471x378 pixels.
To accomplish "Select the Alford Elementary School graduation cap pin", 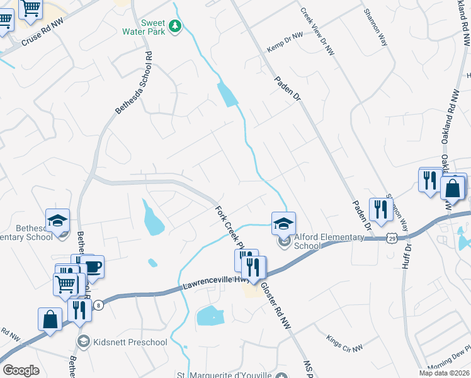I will click(x=283, y=223).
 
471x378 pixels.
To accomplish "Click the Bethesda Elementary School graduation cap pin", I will click(x=57, y=221).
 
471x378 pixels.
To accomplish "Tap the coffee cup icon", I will click(x=93, y=267).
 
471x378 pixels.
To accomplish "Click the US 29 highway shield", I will click(x=392, y=238).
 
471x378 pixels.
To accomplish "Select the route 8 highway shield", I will click(x=99, y=305).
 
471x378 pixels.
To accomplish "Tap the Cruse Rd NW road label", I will click(x=43, y=38).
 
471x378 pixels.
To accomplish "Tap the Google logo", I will click(x=21, y=370).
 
